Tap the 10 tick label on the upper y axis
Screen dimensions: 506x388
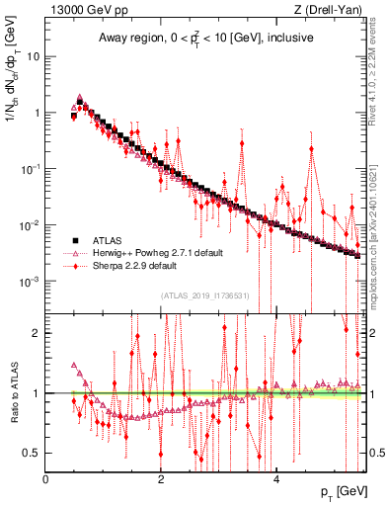click(34, 56)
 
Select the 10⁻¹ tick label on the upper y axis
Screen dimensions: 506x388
click(30, 169)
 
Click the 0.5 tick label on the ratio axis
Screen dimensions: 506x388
click(32, 453)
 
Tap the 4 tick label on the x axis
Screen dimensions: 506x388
click(276, 479)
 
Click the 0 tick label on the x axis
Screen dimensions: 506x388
click(46, 479)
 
